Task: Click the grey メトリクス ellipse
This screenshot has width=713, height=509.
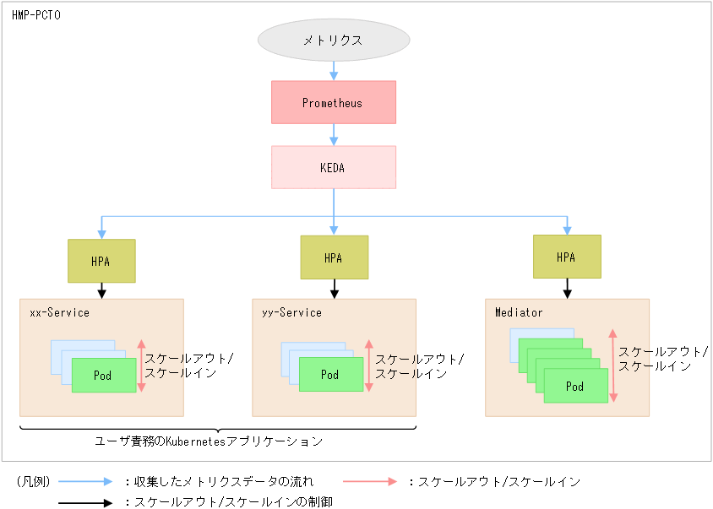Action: click(334, 40)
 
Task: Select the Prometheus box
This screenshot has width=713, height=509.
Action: click(334, 103)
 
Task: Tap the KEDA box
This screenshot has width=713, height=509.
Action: click(334, 167)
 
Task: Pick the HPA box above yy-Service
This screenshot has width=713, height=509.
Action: click(334, 257)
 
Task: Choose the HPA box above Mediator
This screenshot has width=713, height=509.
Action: click(567, 257)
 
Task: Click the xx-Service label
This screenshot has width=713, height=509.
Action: click(59, 312)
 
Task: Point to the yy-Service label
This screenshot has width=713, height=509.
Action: click(291, 312)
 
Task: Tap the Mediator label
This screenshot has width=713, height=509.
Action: click(519, 312)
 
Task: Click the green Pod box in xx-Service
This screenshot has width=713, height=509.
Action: click(103, 375)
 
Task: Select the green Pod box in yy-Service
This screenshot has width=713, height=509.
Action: click(331, 375)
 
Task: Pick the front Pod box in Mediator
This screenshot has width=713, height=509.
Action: click(575, 386)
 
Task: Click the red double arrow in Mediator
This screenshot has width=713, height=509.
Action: click(612, 366)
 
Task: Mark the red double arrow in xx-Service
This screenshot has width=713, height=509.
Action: click(142, 366)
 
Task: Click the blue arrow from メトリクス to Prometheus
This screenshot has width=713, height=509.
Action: click(334, 71)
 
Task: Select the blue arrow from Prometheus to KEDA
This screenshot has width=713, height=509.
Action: click(334, 135)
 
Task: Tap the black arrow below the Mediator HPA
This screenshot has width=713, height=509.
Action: click(567, 288)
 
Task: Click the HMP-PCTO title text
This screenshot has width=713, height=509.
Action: click(35, 15)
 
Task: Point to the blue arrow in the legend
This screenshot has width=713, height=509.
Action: click(84, 481)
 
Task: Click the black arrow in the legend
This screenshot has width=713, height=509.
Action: click(84, 502)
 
